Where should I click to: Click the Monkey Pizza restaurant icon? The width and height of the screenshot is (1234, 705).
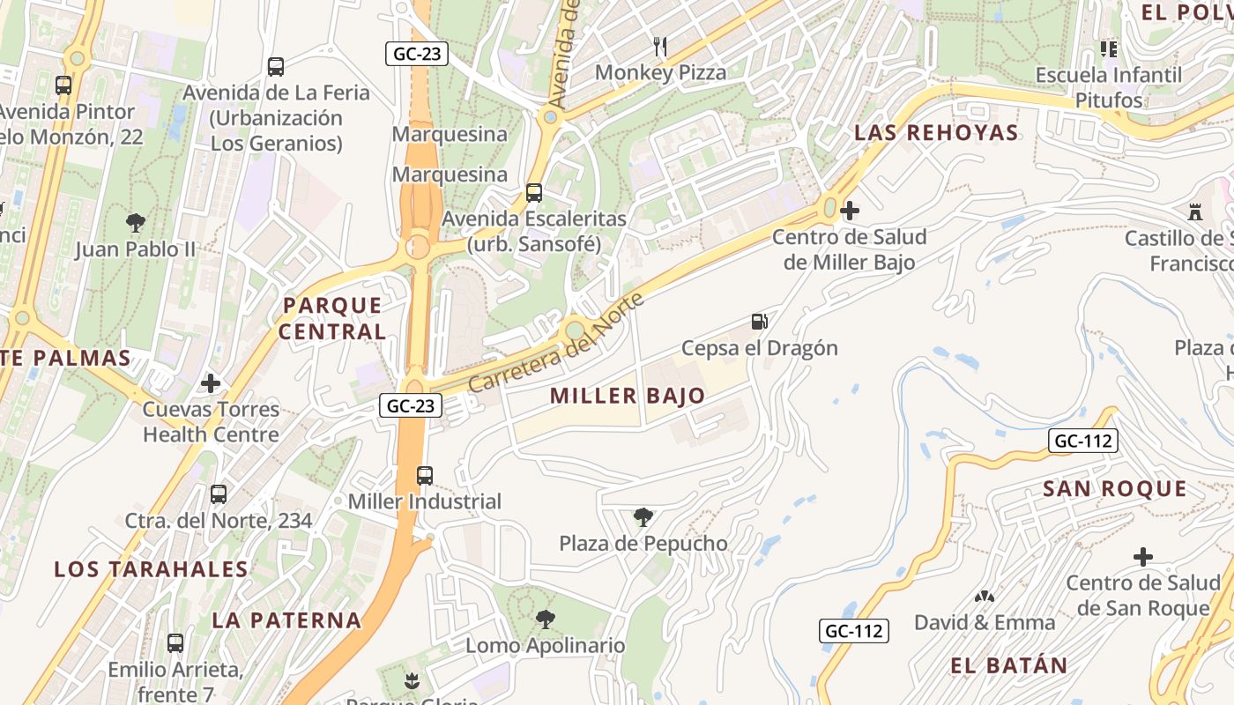click(660, 46)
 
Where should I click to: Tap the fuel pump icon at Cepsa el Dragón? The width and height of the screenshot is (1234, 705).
click(759, 322)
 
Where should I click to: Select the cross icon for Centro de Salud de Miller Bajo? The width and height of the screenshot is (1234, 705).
click(850, 211)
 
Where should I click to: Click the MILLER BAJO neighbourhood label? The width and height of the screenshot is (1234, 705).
click(628, 396)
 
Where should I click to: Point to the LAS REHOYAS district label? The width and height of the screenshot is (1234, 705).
click(936, 133)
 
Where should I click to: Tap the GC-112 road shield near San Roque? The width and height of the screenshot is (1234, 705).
click(1083, 441)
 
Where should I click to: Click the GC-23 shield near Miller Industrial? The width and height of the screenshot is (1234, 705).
click(410, 405)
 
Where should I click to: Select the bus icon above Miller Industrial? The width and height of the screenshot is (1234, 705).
click(425, 476)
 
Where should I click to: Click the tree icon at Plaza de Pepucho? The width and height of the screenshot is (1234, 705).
click(643, 517)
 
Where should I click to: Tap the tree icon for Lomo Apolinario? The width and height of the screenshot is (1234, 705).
click(546, 620)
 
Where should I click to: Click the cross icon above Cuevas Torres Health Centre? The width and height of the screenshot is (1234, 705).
click(211, 383)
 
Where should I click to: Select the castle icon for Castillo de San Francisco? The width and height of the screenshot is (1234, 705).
click(1195, 212)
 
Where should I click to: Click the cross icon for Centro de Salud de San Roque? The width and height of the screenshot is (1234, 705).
click(1143, 557)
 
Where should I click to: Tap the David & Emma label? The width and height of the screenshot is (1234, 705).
click(984, 622)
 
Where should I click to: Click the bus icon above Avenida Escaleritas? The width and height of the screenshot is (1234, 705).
click(534, 192)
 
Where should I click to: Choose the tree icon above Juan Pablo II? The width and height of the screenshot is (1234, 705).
click(136, 223)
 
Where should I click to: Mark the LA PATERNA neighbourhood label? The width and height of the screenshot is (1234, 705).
click(286, 620)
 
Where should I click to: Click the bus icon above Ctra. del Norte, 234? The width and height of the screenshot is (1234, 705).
click(219, 494)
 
